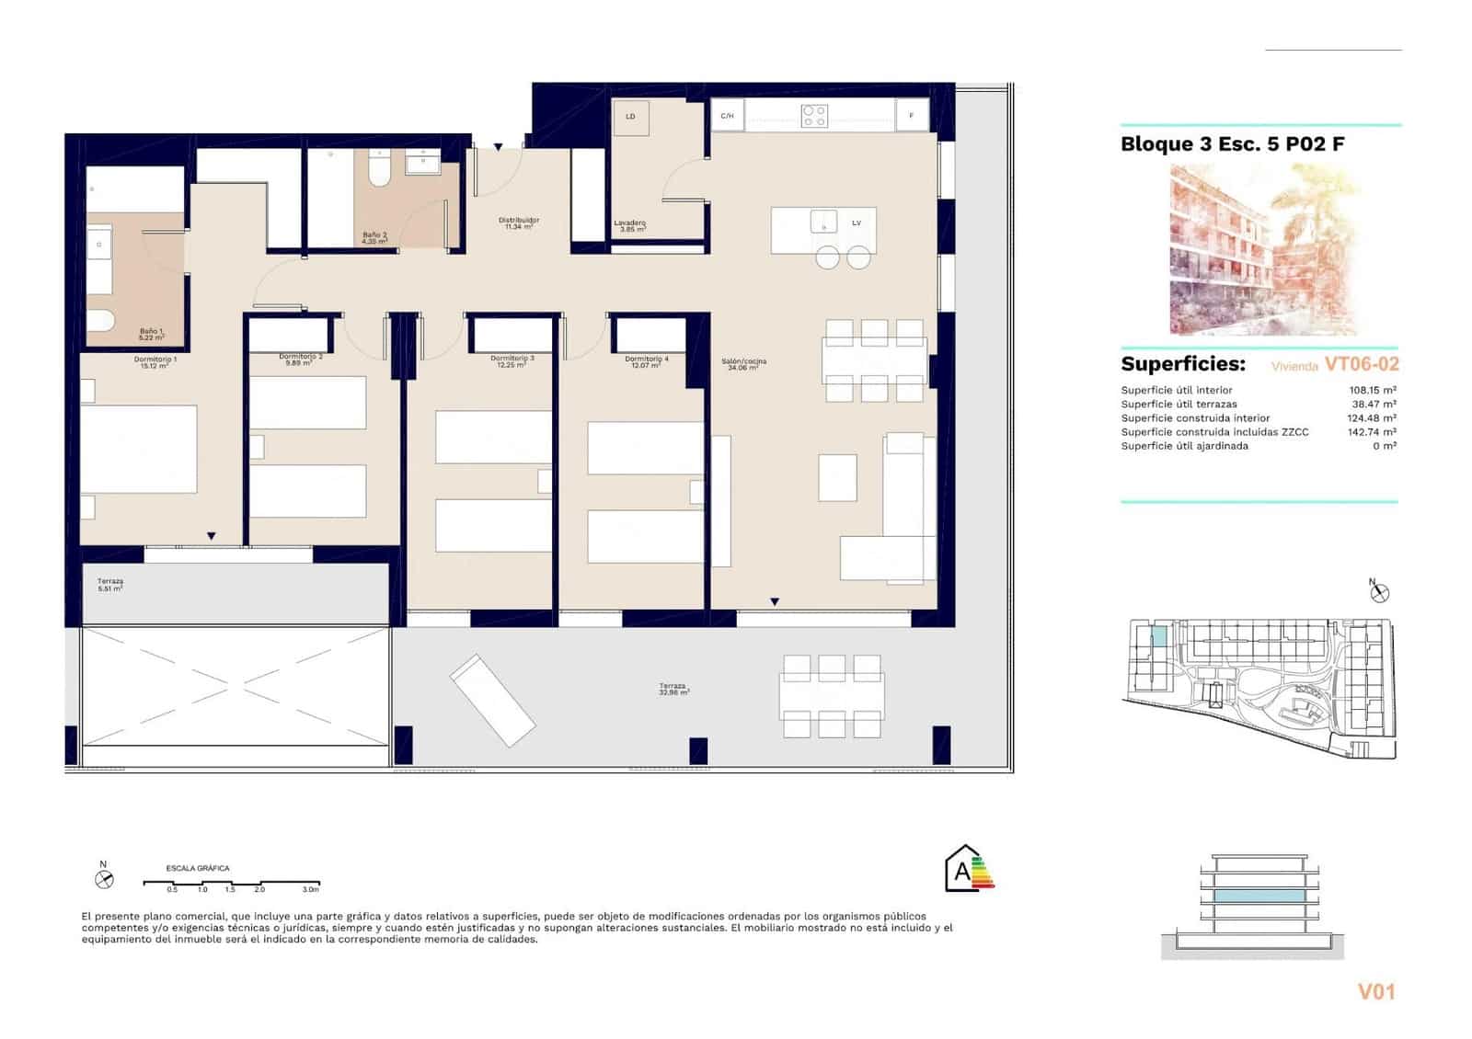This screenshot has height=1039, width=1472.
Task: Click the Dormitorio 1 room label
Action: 155,362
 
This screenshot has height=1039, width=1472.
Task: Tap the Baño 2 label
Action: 374,237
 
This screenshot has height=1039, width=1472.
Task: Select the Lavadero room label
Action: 630,225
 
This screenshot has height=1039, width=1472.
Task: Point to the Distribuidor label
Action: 519,223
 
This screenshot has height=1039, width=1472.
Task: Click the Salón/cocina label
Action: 743,364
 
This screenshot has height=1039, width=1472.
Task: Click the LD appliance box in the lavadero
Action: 631,118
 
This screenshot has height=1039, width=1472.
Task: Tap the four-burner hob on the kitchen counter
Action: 814,116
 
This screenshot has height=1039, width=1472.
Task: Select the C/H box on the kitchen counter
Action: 727,116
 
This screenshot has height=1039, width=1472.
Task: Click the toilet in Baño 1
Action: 99,322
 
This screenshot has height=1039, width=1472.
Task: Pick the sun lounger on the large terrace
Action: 492,700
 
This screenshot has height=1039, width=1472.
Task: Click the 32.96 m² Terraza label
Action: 673,688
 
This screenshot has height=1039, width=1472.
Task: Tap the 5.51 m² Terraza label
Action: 110,584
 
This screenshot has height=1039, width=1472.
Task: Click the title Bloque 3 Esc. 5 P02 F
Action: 1232,144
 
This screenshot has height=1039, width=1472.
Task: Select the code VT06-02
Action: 1361,364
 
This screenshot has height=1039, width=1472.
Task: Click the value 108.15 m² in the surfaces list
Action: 1372,390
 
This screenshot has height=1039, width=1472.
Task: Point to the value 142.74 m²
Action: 1372,431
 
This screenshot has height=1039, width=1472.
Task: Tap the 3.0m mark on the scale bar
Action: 311,889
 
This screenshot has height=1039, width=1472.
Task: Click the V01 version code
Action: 1376,991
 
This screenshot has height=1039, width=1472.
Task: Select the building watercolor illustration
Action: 1260,248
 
